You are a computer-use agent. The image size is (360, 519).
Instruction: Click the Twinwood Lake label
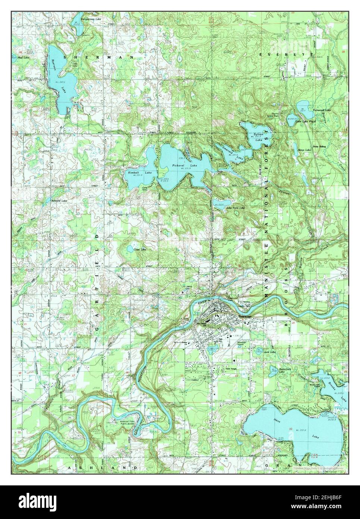pyautogui.click(x=322, y=110)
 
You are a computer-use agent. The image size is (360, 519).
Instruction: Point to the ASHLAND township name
pyautogui.click(x=103, y=467)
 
